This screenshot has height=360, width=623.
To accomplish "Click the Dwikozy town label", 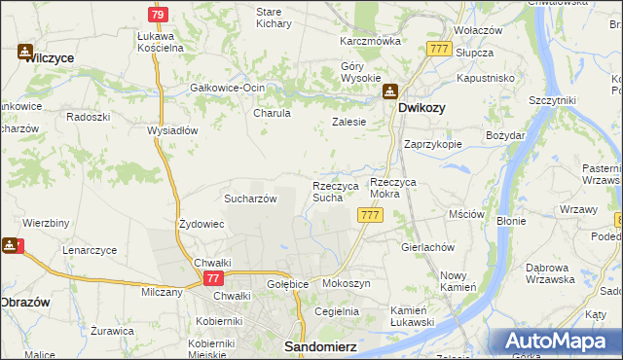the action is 421,109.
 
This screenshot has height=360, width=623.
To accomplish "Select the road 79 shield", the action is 158,15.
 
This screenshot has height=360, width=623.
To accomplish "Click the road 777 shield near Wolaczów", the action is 438,49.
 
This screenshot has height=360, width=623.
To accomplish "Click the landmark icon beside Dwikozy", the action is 389,91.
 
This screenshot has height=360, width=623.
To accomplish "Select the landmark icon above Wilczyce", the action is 25,52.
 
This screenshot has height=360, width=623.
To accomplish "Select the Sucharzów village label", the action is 251,198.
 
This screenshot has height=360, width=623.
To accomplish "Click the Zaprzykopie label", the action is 433,143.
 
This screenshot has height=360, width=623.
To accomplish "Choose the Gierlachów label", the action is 428,247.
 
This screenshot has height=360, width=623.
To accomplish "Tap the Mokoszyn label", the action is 346,283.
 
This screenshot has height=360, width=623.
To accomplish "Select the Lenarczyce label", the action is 90,250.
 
